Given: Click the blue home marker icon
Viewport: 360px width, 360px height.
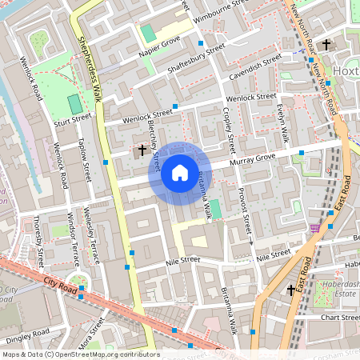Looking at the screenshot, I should (180, 173).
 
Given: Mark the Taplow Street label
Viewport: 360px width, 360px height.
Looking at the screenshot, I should (83, 159).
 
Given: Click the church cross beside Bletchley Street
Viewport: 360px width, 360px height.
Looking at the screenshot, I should (142, 150).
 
